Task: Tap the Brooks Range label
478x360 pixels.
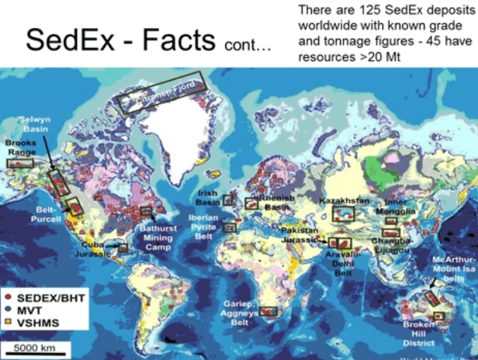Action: [20, 147]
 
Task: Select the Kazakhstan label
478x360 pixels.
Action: [345, 200]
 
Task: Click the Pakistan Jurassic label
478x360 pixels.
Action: [300, 237]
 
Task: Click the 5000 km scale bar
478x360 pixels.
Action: [33, 347]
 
